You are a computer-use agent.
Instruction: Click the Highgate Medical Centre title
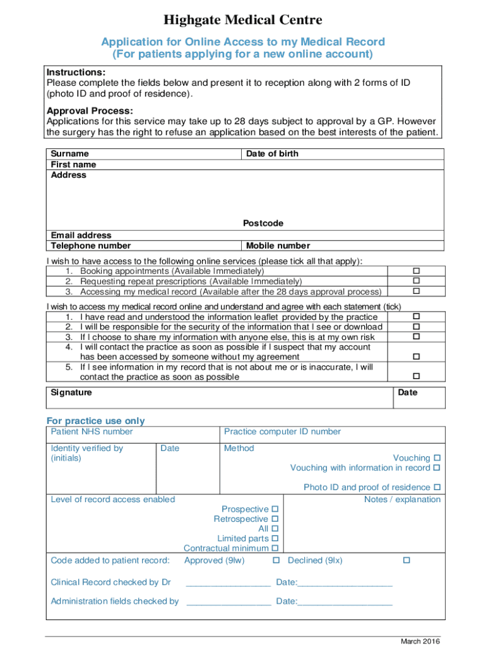[243, 21]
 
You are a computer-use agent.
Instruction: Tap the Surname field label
[69, 154]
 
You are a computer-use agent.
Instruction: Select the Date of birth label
[272, 154]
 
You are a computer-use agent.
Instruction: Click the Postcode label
[263, 223]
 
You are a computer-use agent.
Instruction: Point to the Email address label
[81, 235]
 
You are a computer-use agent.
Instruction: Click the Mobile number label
[278, 246]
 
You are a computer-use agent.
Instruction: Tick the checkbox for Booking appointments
[417, 271]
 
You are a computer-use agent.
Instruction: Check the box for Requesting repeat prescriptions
[417, 281]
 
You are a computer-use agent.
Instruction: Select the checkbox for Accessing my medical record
[417, 291]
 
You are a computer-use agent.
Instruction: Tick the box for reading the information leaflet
[417, 317]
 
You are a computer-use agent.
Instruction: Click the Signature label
[71, 392]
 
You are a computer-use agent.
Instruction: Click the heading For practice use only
[95, 421]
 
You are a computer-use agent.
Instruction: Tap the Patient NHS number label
[92, 432]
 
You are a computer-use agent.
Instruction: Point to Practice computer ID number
[282, 432]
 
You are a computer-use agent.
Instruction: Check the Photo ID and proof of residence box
[436, 488]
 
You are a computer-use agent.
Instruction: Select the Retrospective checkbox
[275, 519]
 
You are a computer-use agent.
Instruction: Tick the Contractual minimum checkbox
[275, 549]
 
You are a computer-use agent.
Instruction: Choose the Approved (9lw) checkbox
[276, 560]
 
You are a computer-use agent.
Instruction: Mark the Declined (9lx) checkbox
[406, 560]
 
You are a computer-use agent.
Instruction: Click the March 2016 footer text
[420, 642]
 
